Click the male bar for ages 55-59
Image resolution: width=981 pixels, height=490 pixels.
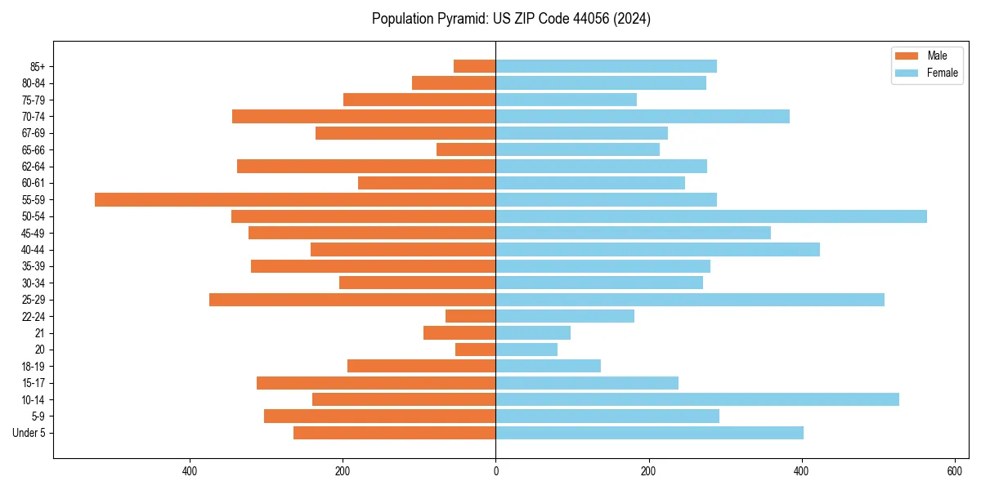pyautogui.click(x=295, y=199)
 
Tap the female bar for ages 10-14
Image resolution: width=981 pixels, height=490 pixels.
pyautogui.click(x=697, y=399)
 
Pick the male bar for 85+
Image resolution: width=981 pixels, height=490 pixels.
pyautogui.click(x=475, y=66)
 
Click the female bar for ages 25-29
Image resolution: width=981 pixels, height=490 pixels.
pyautogui.click(x=690, y=300)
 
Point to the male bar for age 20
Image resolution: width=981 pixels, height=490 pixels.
pyautogui.click(x=476, y=350)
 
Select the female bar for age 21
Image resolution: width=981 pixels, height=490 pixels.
pyautogui.click(x=533, y=333)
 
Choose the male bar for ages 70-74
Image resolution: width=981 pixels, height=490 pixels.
pyautogui.click(x=364, y=116)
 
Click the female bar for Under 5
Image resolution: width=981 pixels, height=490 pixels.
pyautogui.click(x=649, y=433)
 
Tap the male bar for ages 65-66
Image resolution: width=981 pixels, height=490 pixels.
pyautogui.click(x=466, y=149)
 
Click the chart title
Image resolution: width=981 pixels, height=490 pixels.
pyautogui.click(x=511, y=19)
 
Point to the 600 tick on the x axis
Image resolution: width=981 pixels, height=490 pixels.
pyautogui.click(x=954, y=471)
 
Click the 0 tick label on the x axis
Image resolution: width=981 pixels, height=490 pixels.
pyautogui.click(x=495, y=471)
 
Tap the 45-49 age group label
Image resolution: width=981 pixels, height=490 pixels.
pyautogui.click(x=34, y=234)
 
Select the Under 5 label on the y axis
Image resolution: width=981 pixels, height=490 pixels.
pyautogui.click(x=29, y=433)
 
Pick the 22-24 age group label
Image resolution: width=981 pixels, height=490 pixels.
pyautogui.click(x=34, y=317)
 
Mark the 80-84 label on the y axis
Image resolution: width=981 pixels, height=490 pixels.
pyautogui.click(x=34, y=83)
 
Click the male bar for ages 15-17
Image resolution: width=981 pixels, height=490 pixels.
pyautogui.click(x=376, y=383)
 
